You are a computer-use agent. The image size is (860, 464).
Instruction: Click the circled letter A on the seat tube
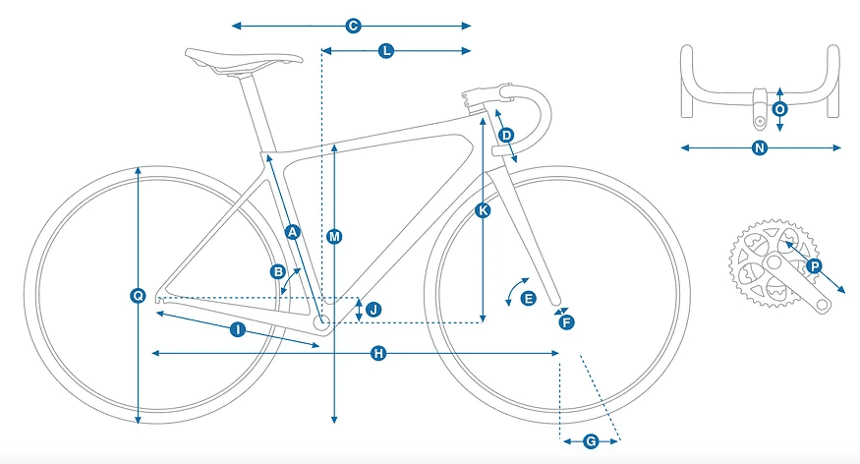pyautogui.click(x=291, y=232)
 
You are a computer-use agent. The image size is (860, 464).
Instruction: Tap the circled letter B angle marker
pyautogui.click(x=278, y=270)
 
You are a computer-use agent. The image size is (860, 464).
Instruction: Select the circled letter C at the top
pyautogui.click(x=353, y=26)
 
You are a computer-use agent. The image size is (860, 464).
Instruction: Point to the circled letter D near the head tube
pyautogui.click(x=506, y=135)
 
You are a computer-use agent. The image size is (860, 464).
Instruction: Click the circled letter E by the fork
pyautogui.click(x=528, y=298)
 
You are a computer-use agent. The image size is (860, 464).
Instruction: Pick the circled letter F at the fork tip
pyautogui.click(x=565, y=320)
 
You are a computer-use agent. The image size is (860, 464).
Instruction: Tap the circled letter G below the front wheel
pyautogui.click(x=591, y=441)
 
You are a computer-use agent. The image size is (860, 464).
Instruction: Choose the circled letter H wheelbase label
pyautogui.click(x=377, y=353)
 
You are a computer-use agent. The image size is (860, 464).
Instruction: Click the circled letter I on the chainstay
pyautogui.click(x=237, y=329)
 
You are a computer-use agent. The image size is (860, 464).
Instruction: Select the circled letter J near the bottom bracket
pyautogui.click(x=372, y=310)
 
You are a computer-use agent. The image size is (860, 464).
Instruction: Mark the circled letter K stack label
pyautogui.click(x=482, y=210)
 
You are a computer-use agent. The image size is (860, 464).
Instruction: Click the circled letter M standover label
pyautogui.click(x=335, y=237)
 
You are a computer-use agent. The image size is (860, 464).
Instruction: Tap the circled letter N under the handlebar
pyautogui.click(x=759, y=148)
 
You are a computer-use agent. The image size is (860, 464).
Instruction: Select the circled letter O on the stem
pyautogui.click(x=779, y=109)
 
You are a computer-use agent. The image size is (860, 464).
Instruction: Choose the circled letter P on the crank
pyautogui.click(x=813, y=266)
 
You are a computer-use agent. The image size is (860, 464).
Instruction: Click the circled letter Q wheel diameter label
pyautogui.click(x=138, y=295)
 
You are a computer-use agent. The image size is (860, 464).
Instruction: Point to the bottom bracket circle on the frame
pyautogui.click(x=321, y=320)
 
